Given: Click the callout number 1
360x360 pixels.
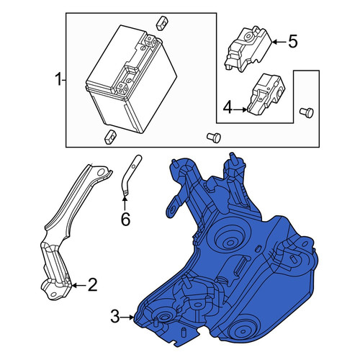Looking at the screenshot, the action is click(58, 80).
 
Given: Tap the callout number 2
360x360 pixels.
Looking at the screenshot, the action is click(92, 285).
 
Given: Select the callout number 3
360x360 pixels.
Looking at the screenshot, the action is click(115, 317).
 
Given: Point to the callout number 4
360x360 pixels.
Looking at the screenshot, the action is click(228, 108).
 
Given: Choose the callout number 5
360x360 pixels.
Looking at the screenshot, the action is click(293, 41).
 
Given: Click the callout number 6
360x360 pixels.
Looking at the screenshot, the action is click(125, 219).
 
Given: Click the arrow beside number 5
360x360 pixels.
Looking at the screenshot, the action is click(279, 42).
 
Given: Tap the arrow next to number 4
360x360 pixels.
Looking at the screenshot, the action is click(240, 109).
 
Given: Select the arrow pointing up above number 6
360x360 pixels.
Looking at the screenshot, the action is click(125, 204).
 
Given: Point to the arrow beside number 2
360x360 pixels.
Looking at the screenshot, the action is click(78, 285).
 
